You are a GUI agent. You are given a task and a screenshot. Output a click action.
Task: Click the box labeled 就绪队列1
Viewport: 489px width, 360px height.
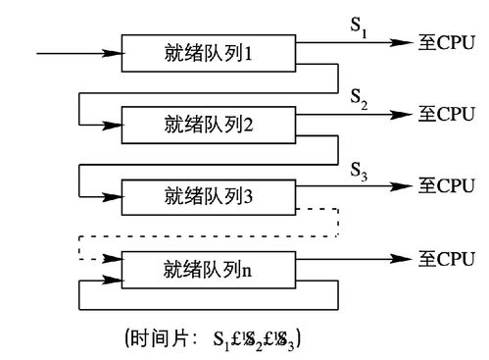click(209, 52)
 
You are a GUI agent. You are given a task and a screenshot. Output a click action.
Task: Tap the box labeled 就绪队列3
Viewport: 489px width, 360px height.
click(209, 194)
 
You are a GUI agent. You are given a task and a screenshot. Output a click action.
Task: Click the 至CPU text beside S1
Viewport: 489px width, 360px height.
click(446, 43)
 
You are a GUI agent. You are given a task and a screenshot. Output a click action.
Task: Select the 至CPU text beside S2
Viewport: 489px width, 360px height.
click(446, 114)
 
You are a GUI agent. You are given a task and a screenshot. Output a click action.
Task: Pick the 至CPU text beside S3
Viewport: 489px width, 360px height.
click(446, 184)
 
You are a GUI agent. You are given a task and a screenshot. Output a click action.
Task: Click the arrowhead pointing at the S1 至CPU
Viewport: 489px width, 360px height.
click(401, 43)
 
